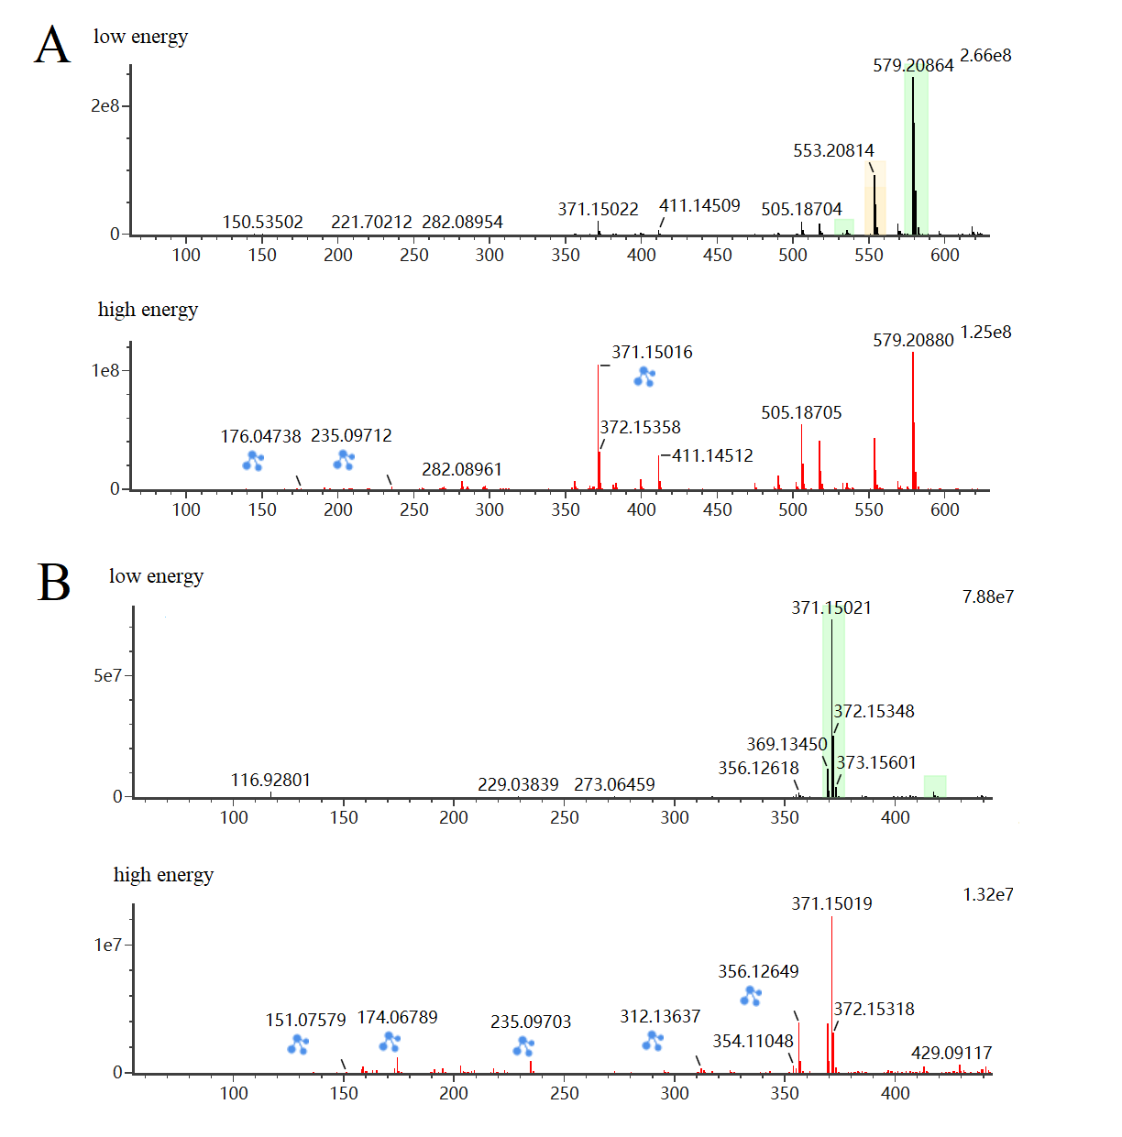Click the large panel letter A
point(52,45)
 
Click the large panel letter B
point(54,583)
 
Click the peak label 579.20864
point(913,65)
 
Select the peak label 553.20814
point(833,150)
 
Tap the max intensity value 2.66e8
point(985,56)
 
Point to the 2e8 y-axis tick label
point(104,106)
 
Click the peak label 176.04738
point(260,437)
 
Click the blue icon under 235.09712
point(344,459)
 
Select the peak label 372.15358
point(641,427)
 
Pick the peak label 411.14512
point(712,455)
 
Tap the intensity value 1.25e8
point(985,333)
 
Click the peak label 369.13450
point(786,744)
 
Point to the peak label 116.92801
point(270,780)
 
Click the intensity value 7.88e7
point(987,597)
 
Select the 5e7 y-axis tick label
point(107,676)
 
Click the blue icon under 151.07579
point(298,1044)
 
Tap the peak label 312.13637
point(660,1016)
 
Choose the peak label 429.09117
point(951,1053)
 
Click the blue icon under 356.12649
point(751,995)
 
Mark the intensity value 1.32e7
point(987,895)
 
